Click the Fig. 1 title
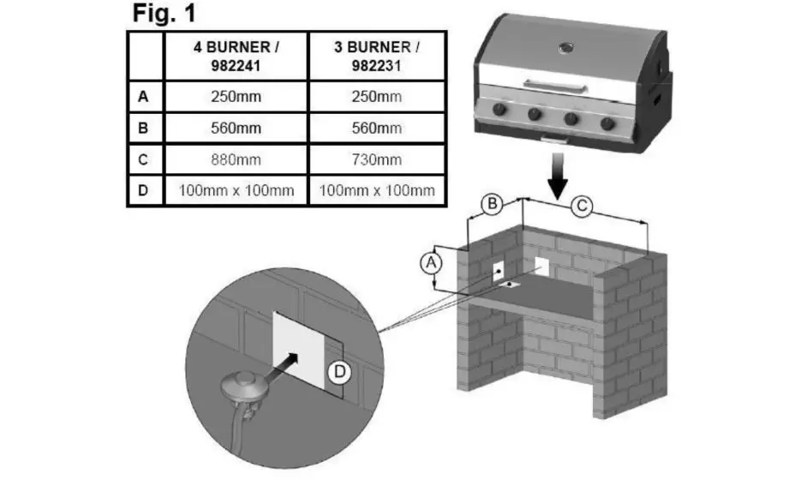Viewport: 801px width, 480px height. coord(164,13)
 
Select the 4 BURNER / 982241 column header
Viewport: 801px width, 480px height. coord(236,57)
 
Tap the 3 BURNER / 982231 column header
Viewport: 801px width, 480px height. coord(376,57)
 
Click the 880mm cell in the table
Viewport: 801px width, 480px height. coord(236,159)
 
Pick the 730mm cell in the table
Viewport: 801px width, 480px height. coord(376,159)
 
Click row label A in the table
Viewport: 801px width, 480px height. coord(143,96)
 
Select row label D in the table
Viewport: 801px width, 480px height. coord(143,190)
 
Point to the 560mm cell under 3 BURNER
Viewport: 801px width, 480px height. coord(376,128)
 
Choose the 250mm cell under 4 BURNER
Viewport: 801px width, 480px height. coord(236,96)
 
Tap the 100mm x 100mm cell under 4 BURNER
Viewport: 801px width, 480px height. coord(236,190)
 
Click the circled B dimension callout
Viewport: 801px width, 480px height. coord(492,204)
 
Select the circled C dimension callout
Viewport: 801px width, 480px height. coord(582,206)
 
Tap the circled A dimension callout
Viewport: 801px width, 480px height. coord(431,263)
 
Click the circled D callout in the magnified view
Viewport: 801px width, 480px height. coord(340,372)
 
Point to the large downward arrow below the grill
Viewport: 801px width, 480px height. coord(558,176)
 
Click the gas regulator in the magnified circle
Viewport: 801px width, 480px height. coord(243,391)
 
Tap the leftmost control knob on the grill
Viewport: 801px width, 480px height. coord(499,110)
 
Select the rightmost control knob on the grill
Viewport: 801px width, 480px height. coord(607,123)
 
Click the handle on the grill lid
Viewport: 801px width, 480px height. coord(555,86)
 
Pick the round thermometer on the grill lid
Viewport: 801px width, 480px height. coord(565,48)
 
